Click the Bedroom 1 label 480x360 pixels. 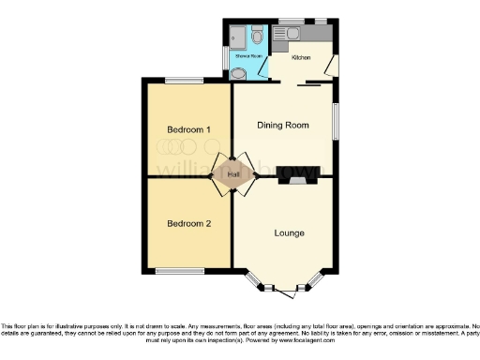188,128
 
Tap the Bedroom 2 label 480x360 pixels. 188,223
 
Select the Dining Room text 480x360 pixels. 284,126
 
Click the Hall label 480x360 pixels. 232,174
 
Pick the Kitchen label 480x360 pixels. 301,58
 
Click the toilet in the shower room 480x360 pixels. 238,74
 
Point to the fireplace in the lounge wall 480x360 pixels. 295,181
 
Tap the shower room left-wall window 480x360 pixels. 225,58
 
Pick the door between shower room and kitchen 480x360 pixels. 265,68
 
